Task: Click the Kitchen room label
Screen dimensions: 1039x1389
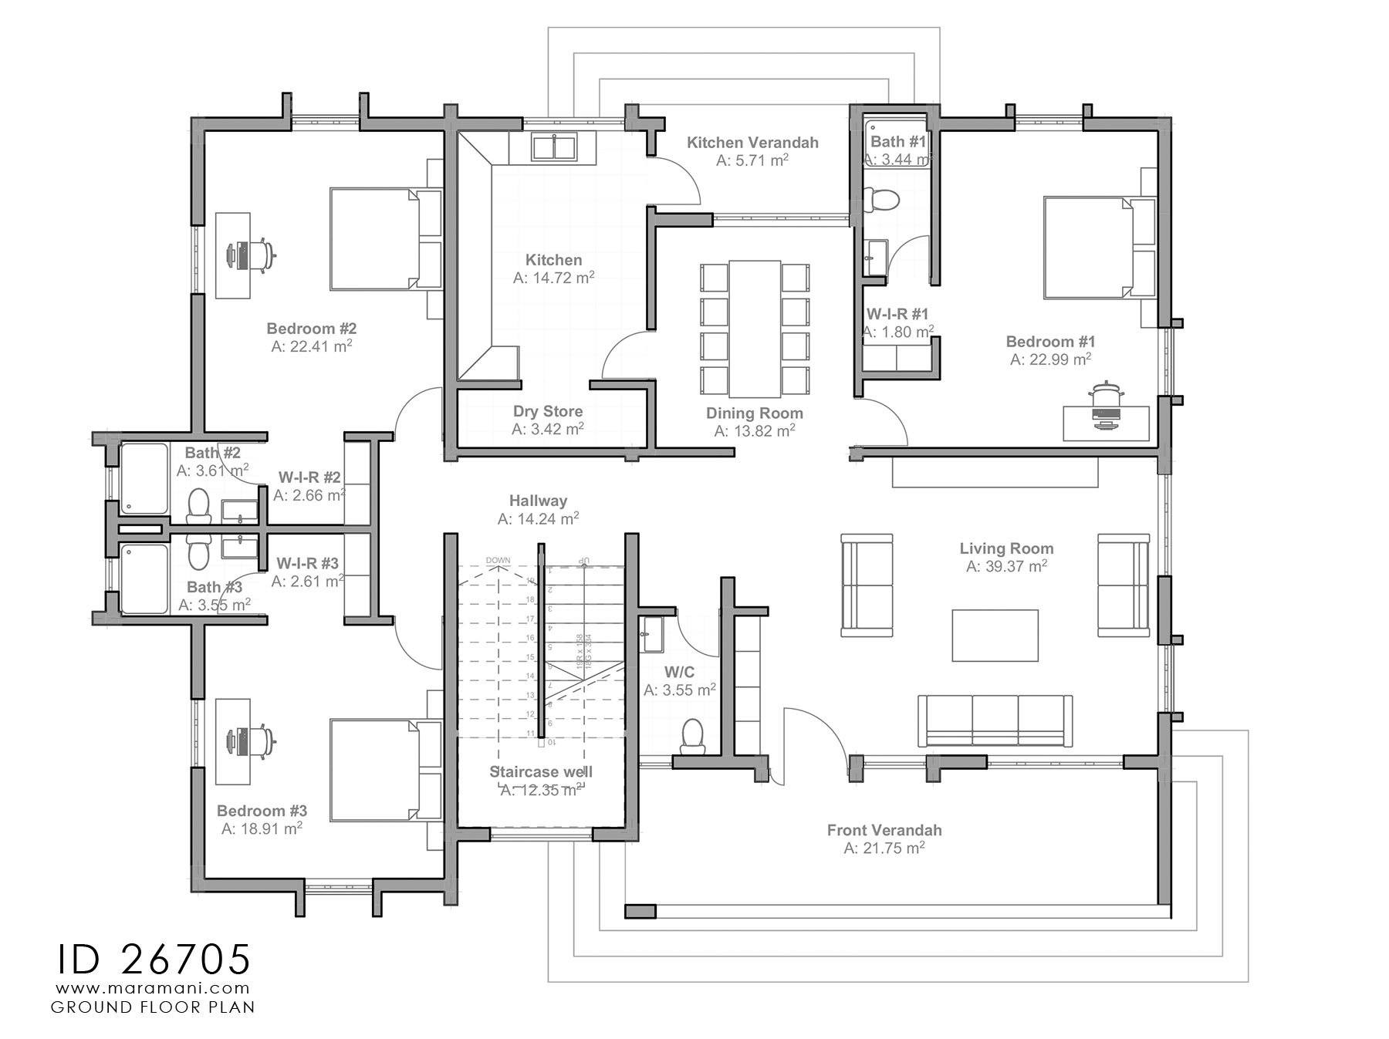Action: (553, 260)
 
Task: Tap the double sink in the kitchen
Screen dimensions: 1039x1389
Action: (554, 147)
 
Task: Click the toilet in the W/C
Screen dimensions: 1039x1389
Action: (692, 735)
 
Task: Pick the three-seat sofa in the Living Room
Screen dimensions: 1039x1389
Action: (995, 720)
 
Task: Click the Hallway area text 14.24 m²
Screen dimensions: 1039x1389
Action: (539, 519)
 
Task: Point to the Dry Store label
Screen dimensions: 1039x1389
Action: (548, 411)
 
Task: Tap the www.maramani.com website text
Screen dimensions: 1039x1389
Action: (153, 987)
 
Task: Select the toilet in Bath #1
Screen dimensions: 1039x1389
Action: (880, 199)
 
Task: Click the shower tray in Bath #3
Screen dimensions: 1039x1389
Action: (144, 579)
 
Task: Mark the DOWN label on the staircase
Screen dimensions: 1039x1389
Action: (498, 560)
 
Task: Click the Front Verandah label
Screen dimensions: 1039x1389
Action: (884, 830)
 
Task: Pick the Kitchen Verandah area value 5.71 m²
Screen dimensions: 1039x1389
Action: (752, 160)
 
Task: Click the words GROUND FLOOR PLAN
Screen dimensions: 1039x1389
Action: (153, 1007)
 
